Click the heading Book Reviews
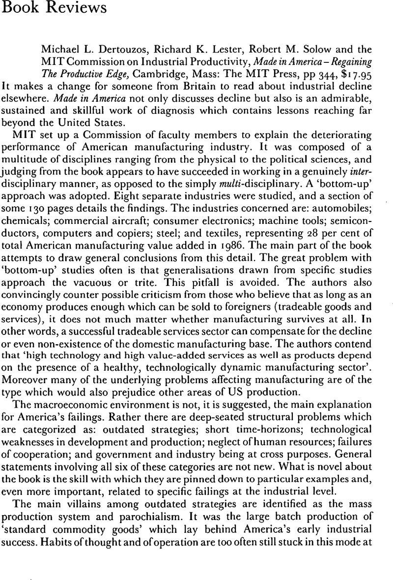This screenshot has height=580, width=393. (43, 8)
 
